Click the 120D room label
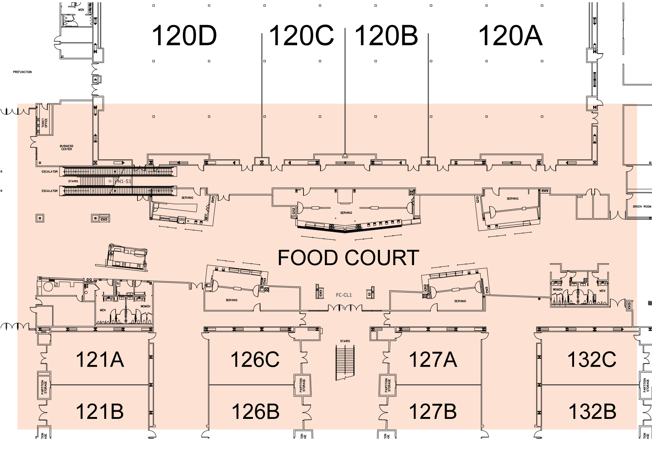tap(184, 36)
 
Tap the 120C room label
tap(301, 36)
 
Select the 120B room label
tap(386, 36)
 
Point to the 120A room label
tap(510, 36)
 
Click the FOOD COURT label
tap(348, 258)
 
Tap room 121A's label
tap(100, 359)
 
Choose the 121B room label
tap(100, 411)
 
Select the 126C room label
tap(255, 359)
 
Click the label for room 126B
tap(255, 411)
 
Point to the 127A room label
tap(433, 359)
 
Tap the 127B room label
tap(433, 411)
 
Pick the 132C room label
tap(592, 359)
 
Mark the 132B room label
tap(592, 411)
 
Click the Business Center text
tap(66, 148)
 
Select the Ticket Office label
tap(45, 123)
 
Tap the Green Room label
tap(642, 207)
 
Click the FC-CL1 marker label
tap(344, 295)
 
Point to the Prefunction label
tap(22, 72)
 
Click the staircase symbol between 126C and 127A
tap(345, 363)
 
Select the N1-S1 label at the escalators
tap(124, 181)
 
